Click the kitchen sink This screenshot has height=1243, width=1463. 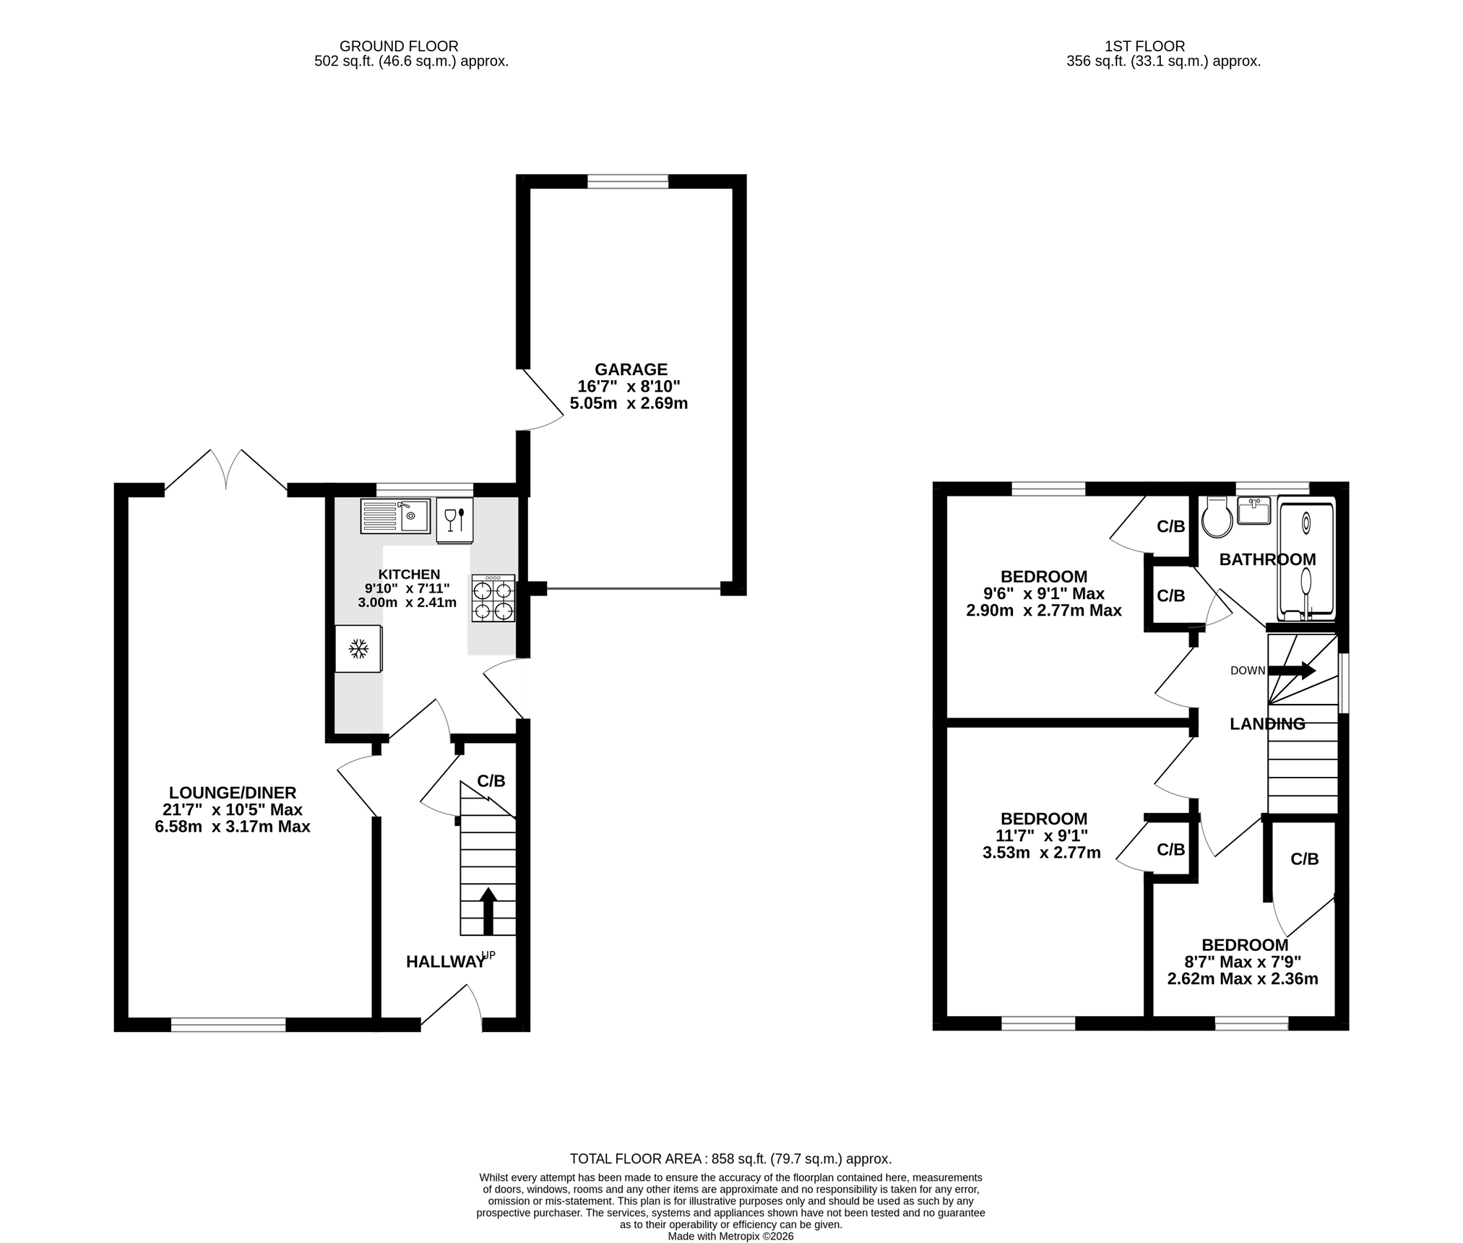pyautogui.click(x=395, y=516)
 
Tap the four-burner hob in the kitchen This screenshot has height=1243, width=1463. pyautogui.click(x=493, y=598)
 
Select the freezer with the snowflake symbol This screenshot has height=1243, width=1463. pyautogui.click(x=358, y=649)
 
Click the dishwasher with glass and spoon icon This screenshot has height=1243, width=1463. pyautogui.click(x=454, y=520)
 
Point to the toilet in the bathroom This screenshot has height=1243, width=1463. pyautogui.click(x=1217, y=517)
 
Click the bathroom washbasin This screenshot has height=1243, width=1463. pyautogui.click(x=1253, y=510)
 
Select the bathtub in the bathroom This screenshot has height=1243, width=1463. pyautogui.click(x=1306, y=559)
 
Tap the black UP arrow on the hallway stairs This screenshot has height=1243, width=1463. pyautogui.click(x=488, y=911)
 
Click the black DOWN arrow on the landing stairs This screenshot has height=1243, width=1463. pyautogui.click(x=1292, y=671)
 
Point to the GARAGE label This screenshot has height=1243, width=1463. pyautogui.click(x=631, y=369)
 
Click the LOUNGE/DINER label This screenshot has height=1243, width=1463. pyautogui.click(x=233, y=793)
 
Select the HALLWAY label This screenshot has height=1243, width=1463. pyautogui.click(x=445, y=962)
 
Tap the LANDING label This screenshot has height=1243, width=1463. pyautogui.click(x=1267, y=723)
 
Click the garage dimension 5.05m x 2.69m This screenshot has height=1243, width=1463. pyautogui.click(x=629, y=403)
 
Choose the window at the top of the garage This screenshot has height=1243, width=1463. pyautogui.click(x=627, y=181)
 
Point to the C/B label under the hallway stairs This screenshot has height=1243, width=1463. pyautogui.click(x=491, y=780)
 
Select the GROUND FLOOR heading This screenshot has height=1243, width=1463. pyautogui.click(x=399, y=46)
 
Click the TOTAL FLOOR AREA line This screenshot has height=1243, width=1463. pyautogui.click(x=730, y=1158)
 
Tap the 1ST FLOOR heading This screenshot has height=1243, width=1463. pyautogui.click(x=1144, y=46)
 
